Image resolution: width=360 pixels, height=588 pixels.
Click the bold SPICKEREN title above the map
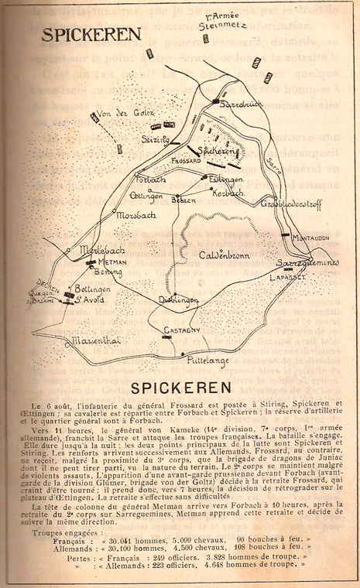coord(81,36)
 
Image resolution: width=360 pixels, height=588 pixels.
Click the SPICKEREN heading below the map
coord(181,385)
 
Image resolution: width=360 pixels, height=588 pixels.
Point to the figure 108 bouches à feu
coord(266,547)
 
